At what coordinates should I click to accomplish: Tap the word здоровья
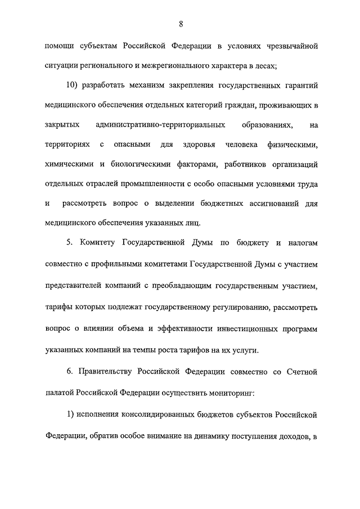pyautogui.click(x=200, y=145)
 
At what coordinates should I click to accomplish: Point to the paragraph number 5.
pyautogui.click(x=69, y=242)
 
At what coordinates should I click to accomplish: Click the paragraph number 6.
pyautogui.click(x=69, y=372)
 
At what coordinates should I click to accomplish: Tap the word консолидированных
pyautogui.click(x=173, y=415)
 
